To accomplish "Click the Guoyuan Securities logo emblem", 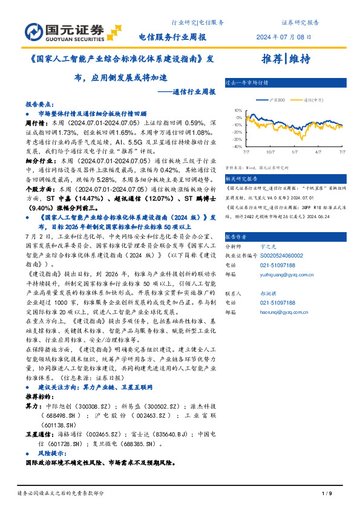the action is point(34,31).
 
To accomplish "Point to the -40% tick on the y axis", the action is point(237,146).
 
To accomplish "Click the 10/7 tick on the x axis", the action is point(270,152).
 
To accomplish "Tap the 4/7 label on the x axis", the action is point(318,152).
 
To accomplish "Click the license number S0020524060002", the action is point(281,256).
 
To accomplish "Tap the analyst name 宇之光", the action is point(267,247).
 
